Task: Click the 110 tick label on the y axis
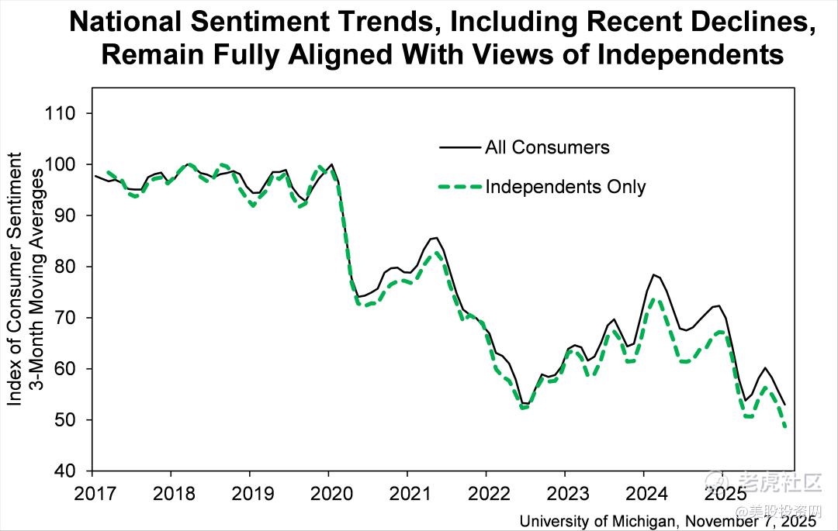pyautogui.click(x=59, y=113)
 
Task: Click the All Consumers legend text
pyautogui.click(x=547, y=147)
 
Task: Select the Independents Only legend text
pyautogui.click(x=565, y=187)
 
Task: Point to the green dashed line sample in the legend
pyautogui.click(x=459, y=187)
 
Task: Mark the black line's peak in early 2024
pyautogui.click(x=655, y=274)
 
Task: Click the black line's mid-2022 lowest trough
pyautogui.click(x=525, y=404)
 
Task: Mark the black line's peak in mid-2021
pyautogui.click(x=435, y=237)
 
